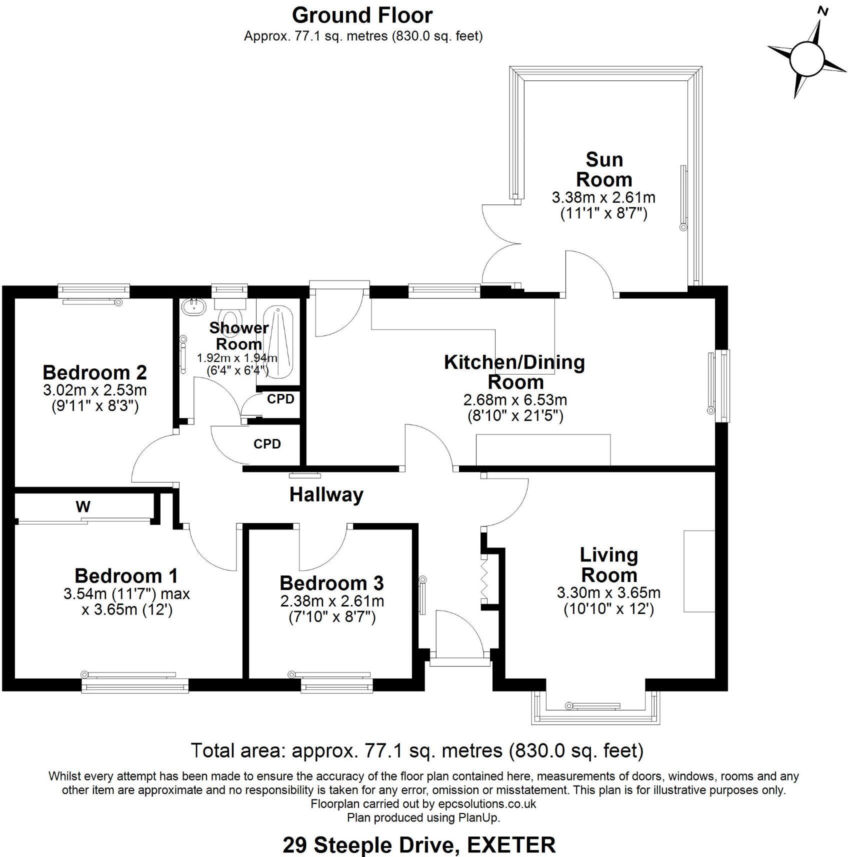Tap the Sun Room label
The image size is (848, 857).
coord(604,169)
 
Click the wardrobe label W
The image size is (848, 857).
coord(83,507)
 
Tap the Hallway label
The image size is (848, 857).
coord(326,495)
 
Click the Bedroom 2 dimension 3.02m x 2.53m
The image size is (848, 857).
coord(95,389)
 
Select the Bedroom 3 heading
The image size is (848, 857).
coord(331,583)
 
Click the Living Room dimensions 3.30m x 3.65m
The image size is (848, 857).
coord(608,593)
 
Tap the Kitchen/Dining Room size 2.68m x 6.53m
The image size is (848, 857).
coord(515,400)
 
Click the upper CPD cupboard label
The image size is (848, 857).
coord(280,399)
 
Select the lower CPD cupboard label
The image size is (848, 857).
coord(267,444)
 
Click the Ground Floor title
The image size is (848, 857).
coord(362,15)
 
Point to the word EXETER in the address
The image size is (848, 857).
coord(511,845)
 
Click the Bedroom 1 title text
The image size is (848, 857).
coord(126,576)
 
